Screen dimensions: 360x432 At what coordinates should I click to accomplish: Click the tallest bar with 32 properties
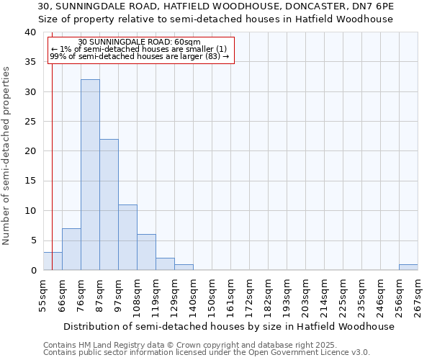(x=90, y=175)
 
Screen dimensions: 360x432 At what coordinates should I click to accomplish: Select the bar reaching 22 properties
(x=109, y=204)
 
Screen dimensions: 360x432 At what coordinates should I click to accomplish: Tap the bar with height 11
(x=127, y=238)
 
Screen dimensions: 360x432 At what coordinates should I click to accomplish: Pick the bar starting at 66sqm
(x=71, y=249)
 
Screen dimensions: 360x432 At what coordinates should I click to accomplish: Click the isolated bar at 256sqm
(x=408, y=267)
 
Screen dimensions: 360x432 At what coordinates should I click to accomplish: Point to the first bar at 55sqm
(x=53, y=261)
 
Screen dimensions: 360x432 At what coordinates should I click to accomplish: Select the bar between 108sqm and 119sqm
(x=146, y=252)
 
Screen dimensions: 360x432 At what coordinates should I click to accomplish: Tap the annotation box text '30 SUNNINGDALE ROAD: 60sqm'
(x=139, y=42)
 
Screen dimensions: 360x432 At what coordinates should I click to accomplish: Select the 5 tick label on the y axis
(x=33, y=240)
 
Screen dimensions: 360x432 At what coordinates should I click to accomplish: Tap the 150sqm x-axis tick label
(x=212, y=296)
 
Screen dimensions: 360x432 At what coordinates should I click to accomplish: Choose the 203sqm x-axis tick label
(x=305, y=296)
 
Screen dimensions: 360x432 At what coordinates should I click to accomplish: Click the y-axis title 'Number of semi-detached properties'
(x=6, y=155)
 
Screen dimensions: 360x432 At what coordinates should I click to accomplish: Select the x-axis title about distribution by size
(x=229, y=326)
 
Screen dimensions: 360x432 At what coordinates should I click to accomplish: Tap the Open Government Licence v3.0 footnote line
(x=207, y=353)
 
